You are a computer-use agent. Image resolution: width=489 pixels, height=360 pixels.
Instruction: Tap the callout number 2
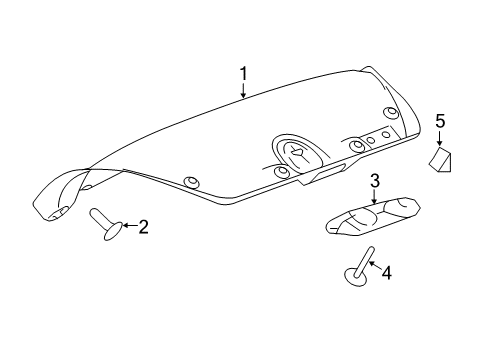point(143,227)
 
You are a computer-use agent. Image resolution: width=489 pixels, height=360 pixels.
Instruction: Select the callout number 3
point(375,181)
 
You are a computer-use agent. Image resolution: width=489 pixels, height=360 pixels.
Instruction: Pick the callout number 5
point(439,122)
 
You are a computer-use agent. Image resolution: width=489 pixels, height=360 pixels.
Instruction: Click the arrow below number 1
point(243,91)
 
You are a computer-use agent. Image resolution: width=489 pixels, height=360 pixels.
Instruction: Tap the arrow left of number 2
point(128,228)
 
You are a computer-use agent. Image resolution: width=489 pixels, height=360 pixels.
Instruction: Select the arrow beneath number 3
point(375,197)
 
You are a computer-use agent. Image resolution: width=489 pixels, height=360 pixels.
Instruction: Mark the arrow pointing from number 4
point(374,265)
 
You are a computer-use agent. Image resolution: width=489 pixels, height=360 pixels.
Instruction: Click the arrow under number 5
point(439,140)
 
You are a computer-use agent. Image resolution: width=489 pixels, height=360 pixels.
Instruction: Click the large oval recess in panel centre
point(297,153)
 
